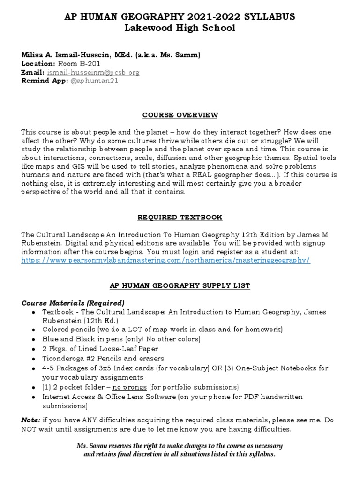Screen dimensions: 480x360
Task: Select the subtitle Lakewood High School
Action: coord(180,28)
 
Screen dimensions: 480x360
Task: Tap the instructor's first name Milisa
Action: coord(32,55)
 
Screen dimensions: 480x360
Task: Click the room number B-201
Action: coord(89,64)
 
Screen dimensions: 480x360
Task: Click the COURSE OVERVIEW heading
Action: coord(180,115)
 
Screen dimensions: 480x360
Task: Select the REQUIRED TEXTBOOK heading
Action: coord(180,217)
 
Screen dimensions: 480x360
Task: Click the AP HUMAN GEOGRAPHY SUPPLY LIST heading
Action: coord(180,286)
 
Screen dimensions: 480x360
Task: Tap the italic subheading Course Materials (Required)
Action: coord(73,303)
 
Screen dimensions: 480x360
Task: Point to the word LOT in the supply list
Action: coord(142,330)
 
